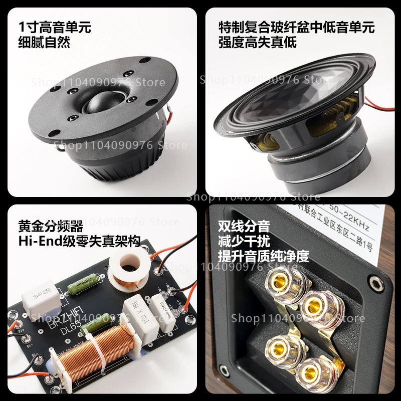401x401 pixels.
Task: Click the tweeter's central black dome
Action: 99,103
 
